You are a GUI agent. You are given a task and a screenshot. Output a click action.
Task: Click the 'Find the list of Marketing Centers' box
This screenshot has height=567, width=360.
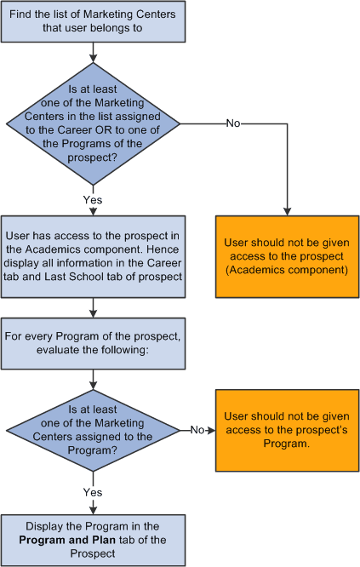(91, 22)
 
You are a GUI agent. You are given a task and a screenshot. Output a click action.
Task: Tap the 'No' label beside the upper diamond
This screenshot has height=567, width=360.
(233, 123)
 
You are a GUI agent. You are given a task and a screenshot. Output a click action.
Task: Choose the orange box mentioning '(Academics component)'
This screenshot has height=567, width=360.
(287, 256)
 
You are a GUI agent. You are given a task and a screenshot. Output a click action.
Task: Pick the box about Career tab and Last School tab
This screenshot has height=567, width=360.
(91, 256)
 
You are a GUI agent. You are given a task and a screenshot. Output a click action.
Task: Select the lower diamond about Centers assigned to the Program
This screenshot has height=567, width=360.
(91, 431)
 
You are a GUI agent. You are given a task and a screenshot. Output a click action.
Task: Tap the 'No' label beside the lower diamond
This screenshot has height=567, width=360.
(197, 431)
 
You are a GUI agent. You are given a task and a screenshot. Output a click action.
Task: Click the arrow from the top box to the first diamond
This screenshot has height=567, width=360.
(91, 54)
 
